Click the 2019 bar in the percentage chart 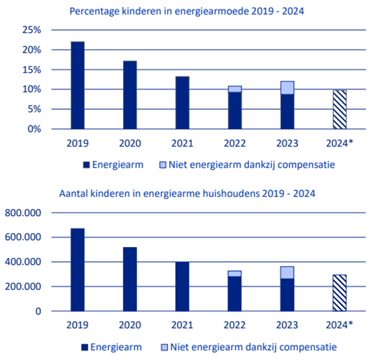tap(77, 85)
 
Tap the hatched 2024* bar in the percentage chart tap(338, 109)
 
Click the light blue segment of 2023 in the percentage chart tap(286, 87)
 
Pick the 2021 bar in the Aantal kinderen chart tap(182, 286)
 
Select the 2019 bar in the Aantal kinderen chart tap(77, 270)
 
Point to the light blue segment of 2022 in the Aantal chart tap(234, 273)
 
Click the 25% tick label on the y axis tap(31, 30)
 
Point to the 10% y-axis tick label tap(31, 89)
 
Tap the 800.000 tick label tap(24, 213)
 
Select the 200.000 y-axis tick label tap(24, 286)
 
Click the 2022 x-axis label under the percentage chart tap(234, 141)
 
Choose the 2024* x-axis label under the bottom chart tap(340, 324)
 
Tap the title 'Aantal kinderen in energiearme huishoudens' tap(186, 194)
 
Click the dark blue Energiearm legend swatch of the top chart tap(85, 164)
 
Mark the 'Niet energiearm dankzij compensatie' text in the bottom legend tap(254, 347)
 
